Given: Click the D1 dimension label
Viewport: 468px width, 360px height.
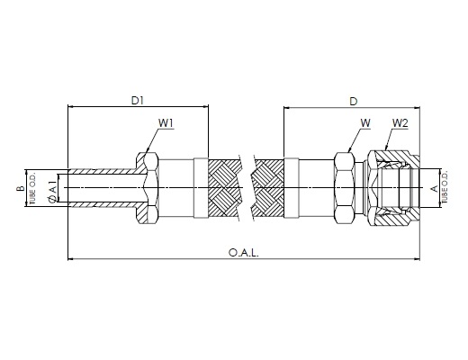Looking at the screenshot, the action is [x=138, y=101].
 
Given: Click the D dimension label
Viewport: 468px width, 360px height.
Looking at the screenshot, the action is [x=354, y=102].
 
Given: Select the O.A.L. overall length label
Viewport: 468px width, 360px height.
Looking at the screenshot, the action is [x=243, y=253].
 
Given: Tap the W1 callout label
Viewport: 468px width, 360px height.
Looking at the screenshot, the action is [x=166, y=123].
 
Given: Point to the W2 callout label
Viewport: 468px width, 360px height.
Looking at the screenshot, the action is [x=400, y=123].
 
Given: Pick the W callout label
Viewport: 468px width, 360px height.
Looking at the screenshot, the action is [x=365, y=123].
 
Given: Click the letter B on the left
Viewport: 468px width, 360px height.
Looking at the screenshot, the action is [x=21, y=188].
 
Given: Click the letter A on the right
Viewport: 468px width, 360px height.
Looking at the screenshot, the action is [x=435, y=189].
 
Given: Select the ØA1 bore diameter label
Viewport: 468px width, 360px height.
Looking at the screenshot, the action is [x=52, y=192].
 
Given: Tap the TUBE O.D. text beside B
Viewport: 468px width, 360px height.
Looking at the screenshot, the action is [x=32, y=188].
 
